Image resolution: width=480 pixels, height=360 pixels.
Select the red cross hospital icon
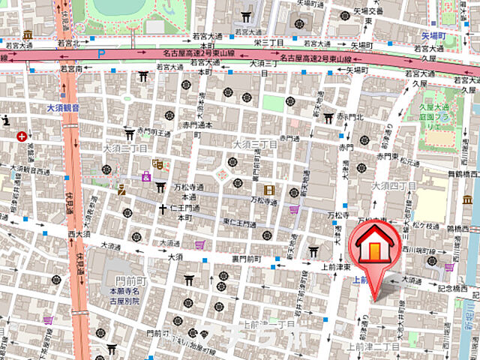pyautogui.click(x=22, y=136)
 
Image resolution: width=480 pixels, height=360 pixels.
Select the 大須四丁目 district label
pyautogui.click(x=394, y=185)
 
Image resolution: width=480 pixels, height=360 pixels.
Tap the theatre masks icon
pyautogui.click(x=157, y=163)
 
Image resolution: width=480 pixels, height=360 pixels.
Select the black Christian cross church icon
pyautogui.click(x=162, y=208)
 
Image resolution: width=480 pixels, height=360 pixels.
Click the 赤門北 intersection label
pyautogui.click(x=349, y=118)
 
